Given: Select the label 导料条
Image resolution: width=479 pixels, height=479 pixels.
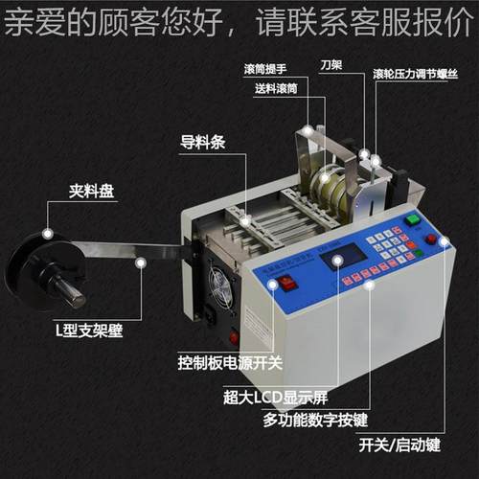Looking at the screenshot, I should click(x=203, y=144).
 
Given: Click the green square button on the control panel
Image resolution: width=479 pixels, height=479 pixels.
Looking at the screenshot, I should click(x=413, y=220).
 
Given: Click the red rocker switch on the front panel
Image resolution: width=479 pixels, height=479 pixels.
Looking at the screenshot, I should click(x=285, y=284).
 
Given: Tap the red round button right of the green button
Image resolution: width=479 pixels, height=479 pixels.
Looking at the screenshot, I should click(x=432, y=239).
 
